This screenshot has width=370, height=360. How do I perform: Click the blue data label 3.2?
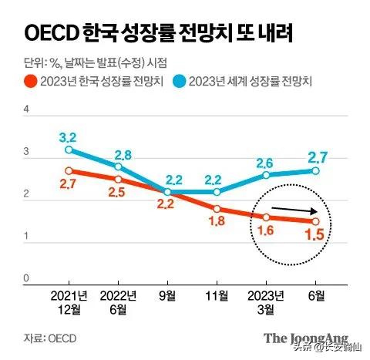tap(69, 136)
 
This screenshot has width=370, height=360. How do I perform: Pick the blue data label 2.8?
tap(118, 153)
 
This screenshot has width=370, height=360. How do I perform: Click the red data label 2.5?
tap(118, 193)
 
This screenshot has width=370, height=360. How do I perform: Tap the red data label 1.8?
tap(217, 223)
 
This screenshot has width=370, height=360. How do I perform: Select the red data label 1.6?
tap(266, 231)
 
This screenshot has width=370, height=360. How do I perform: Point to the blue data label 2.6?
tap(266, 162)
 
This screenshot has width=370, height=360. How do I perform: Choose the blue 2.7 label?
tap(315, 157)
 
